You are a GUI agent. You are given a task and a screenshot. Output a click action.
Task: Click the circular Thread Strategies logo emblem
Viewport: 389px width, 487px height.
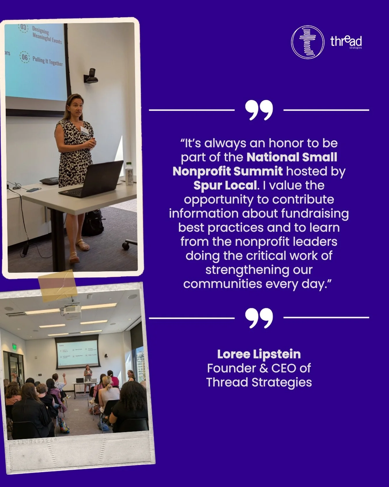tap(307, 42)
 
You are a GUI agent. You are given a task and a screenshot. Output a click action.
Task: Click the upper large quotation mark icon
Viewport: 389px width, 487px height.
tap(259, 110)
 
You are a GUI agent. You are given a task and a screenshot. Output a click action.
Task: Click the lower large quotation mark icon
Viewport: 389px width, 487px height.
tap(259, 318)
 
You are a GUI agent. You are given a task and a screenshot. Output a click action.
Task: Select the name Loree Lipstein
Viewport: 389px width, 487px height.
tap(259, 354)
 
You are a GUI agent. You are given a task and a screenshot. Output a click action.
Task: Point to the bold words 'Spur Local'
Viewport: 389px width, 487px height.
tap(225, 185)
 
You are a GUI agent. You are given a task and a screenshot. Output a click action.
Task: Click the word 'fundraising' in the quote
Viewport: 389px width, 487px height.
tap(315, 213)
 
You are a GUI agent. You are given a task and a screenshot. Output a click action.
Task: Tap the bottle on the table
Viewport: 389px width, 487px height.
tap(129, 173)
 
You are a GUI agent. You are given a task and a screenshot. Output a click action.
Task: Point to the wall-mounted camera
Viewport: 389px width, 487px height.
tap(91, 76)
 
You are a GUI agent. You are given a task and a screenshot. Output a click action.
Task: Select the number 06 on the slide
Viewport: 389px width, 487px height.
tap(25, 57)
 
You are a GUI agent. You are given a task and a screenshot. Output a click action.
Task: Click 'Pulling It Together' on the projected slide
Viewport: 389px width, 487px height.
tap(48, 61)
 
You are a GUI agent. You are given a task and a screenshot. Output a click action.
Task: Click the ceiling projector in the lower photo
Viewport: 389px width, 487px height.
tap(71, 312)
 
